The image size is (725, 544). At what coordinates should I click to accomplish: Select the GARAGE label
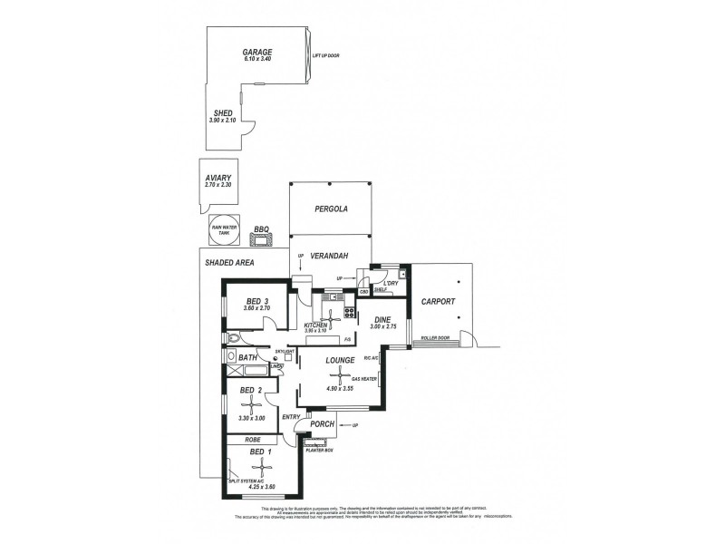point(256,53)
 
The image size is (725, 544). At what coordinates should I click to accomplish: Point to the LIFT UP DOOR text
point(325,56)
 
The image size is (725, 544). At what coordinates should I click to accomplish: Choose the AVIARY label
point(219,179)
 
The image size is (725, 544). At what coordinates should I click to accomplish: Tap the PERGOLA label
point(331,209)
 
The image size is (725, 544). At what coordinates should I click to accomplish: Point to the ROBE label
point(254,440)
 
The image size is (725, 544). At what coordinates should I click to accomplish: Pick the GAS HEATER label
point(376,379)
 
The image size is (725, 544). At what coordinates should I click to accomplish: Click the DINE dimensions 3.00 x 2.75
point(383,326)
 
